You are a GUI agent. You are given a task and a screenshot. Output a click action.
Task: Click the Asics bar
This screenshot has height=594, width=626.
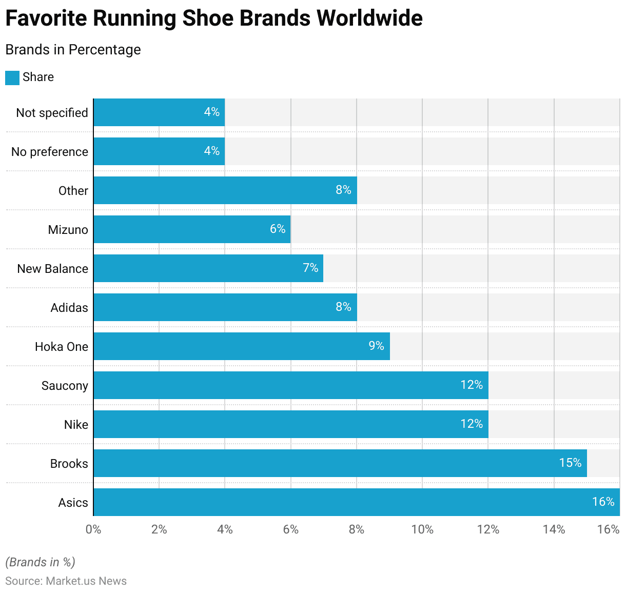tap(356, 502)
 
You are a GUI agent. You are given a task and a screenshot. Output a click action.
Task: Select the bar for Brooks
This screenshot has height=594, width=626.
tap(340, 463)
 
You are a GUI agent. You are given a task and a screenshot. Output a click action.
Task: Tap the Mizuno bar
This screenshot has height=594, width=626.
tap(192, 229)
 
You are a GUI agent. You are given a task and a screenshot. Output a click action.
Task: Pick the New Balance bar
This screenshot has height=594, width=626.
tap(208, 268)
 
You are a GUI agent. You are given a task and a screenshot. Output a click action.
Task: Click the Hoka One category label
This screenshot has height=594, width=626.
tap(62, 347)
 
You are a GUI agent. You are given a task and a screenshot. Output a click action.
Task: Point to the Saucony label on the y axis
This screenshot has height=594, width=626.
tap(65, 386)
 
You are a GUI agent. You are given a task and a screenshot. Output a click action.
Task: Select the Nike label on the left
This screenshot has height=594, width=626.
tap(76, 425)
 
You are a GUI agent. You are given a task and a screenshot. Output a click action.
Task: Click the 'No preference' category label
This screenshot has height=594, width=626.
tap(50, 152)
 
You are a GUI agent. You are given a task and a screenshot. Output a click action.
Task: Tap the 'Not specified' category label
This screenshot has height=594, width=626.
tap(52, 113)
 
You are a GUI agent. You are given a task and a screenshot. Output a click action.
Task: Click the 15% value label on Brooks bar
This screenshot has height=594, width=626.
tap(570, 463)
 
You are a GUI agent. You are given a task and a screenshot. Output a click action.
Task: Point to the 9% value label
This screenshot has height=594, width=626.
tap(376, 346)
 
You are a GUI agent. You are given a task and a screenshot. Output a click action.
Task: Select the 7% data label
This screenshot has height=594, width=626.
tap(310, 268)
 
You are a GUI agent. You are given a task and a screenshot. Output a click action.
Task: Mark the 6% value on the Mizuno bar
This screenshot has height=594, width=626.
tap(278, 229)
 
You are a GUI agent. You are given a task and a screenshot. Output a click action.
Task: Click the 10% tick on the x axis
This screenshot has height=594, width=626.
tap(422, 529)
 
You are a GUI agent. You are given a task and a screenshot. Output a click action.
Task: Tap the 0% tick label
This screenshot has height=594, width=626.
tap(93, 529)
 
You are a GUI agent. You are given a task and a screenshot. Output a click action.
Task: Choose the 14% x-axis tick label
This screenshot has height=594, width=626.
tap(554, 529)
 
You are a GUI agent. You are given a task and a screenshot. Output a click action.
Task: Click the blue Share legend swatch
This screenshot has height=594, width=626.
tap(12, 77)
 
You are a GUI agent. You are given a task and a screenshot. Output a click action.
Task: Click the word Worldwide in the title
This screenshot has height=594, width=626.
tap(369, 18)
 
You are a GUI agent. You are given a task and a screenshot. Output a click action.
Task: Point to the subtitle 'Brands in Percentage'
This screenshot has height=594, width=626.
tap(73, 50)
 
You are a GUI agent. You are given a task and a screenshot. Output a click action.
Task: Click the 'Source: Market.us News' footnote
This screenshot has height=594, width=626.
tap(66, 581)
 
